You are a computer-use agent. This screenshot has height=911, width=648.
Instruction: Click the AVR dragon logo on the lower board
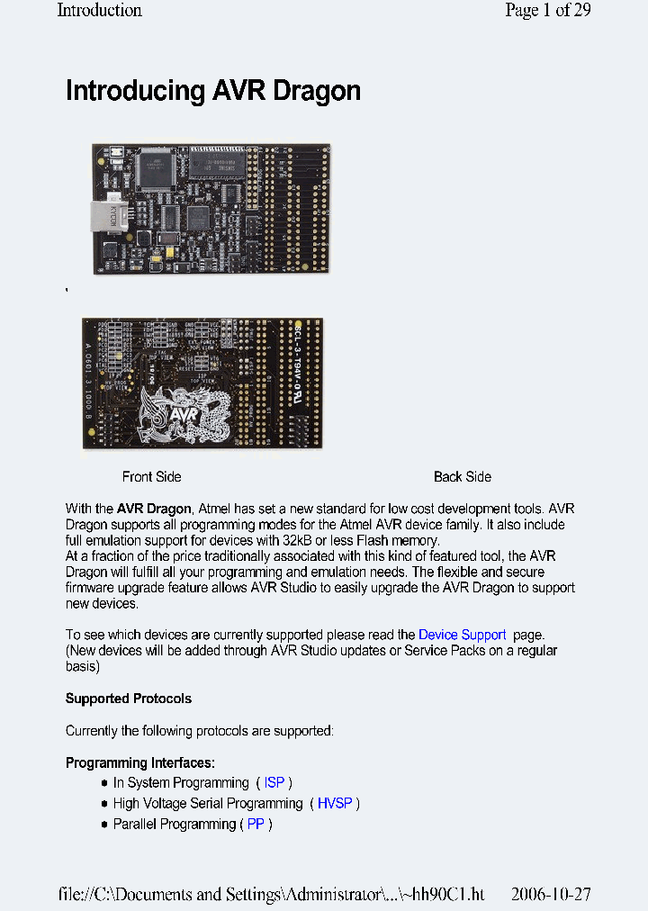(192, 415)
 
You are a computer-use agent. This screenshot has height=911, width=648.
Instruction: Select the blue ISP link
(274, 783)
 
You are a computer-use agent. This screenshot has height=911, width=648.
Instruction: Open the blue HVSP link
(335, 803)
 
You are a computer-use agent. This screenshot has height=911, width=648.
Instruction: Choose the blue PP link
(256, 824)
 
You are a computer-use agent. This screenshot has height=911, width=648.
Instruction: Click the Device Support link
(462, 635)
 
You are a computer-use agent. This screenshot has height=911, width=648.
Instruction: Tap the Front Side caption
(151, 477)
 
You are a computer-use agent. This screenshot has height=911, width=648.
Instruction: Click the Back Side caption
(463, 477)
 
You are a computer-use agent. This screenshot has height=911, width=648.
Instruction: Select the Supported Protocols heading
(129, 699)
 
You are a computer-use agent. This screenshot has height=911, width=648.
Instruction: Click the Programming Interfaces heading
(140, 763)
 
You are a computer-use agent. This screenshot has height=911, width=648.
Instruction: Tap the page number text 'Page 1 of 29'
(547, 11)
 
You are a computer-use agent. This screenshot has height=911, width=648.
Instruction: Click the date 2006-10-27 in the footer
(551, 895)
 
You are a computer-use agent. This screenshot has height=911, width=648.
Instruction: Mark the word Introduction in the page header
(99, 11)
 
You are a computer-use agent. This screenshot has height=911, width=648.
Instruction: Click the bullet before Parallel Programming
(104, 824)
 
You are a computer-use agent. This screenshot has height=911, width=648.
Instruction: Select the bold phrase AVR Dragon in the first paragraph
(154, 509)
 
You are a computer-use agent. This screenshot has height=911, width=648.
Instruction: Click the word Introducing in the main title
(136, 91)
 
